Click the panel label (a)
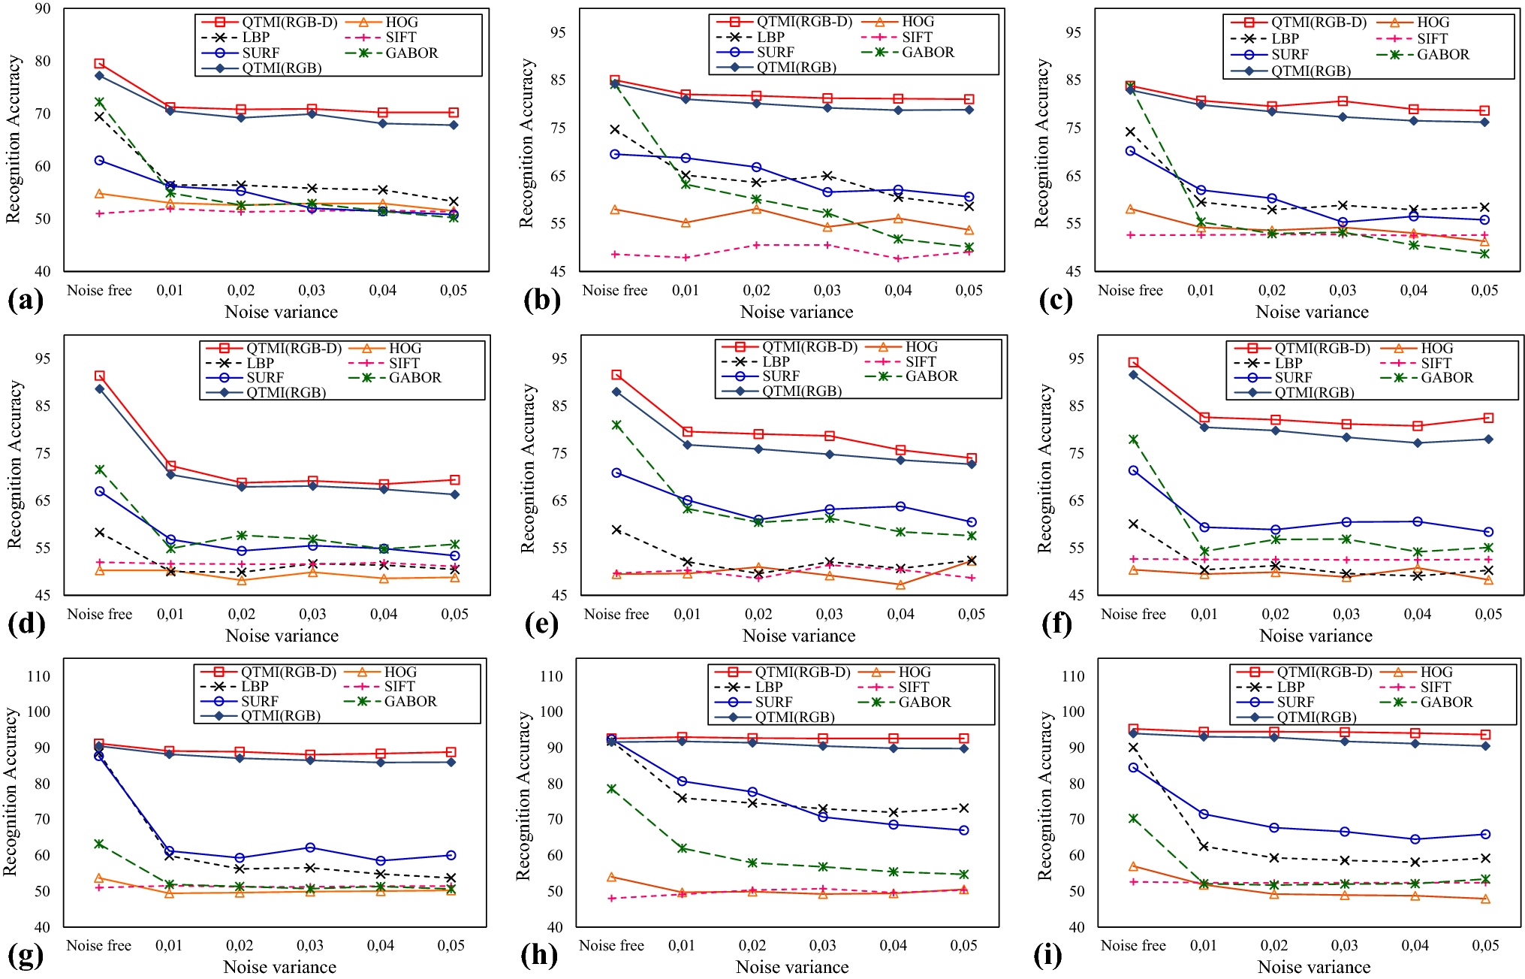(25, 301)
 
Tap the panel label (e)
(541, 624)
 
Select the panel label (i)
(1047, 956)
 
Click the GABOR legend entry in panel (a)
(392, 53)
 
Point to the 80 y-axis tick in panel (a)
(43, 62)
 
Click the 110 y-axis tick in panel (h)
(551, 676)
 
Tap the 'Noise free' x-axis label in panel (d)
(100, 615)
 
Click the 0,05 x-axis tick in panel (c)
(1484, 291)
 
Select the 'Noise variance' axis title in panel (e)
(799, 636)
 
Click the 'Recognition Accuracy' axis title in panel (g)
(11, 792)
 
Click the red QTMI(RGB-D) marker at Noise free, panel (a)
(99, 64)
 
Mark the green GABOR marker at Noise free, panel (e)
(616, 425)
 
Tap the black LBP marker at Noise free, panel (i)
(1133, 748)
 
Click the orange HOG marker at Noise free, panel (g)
(98, 878)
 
